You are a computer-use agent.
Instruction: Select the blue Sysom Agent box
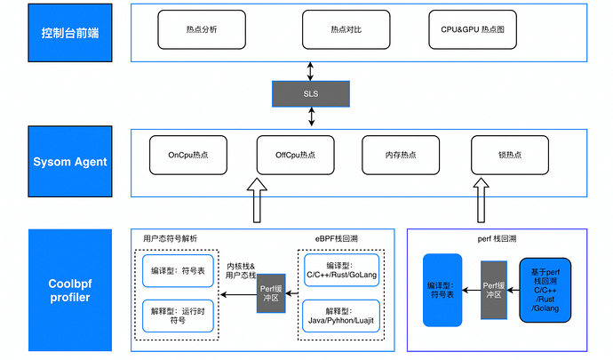point(71,162)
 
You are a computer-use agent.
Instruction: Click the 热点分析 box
point(202,29)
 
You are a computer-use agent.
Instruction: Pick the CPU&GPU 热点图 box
point(473,29)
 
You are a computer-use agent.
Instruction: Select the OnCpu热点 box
point(187,156)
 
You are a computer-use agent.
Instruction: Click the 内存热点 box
point(401,156)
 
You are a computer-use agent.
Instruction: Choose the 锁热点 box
point(510,156)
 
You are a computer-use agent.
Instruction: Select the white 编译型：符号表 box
point(177,270)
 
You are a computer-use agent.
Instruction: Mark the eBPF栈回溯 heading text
point(340,238)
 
